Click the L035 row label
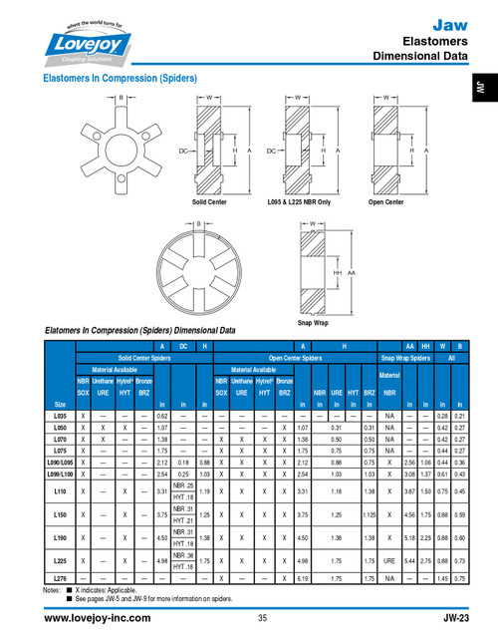tap(59, 415)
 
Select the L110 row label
tap(59, 491)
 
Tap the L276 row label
tap(59, 576)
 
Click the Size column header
tap(59, 404)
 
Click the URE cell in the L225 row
tap(389, 561)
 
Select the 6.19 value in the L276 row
tap(302, 576)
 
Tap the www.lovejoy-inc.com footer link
tap(98, 618)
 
